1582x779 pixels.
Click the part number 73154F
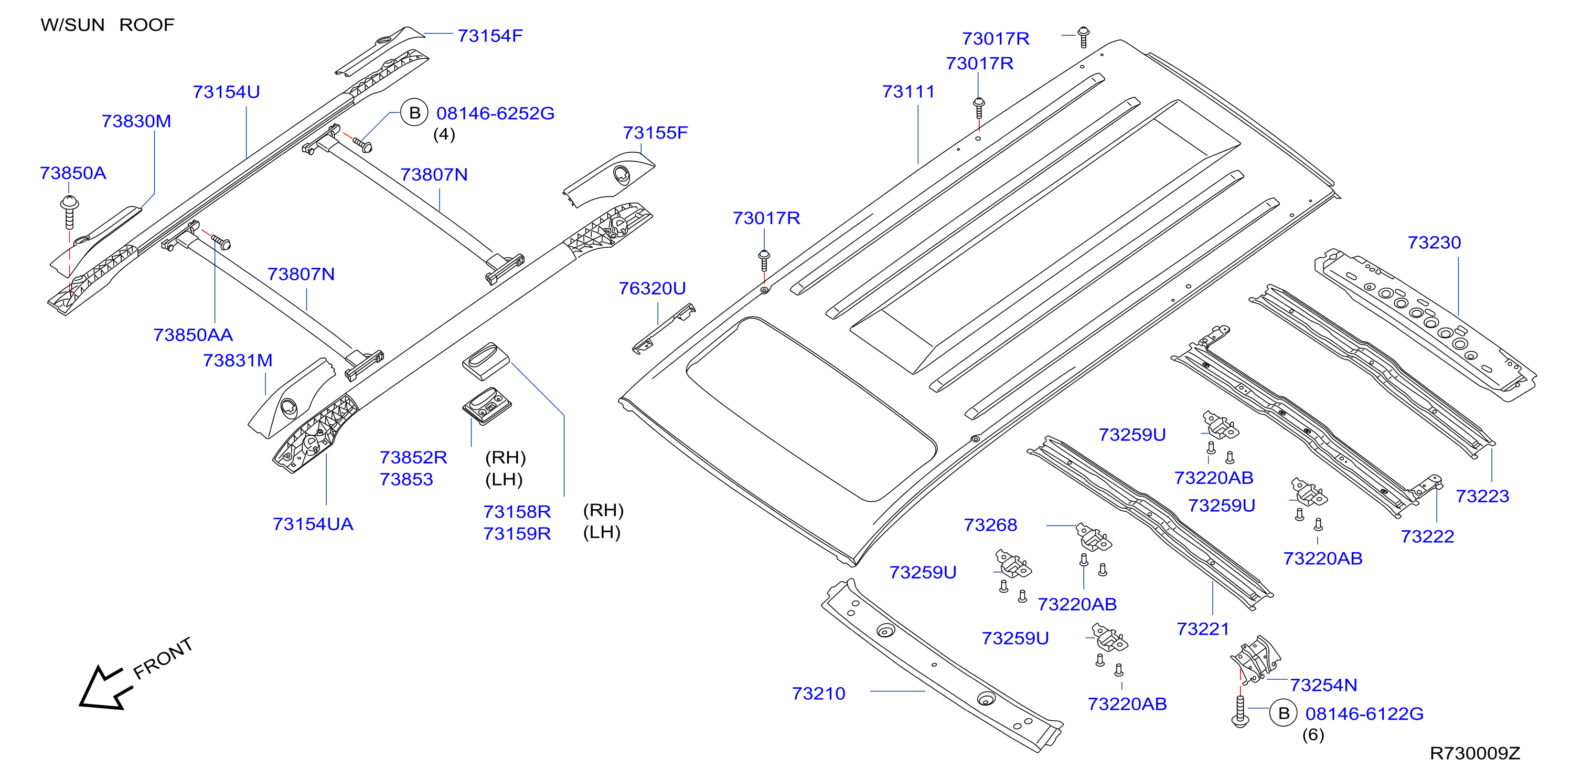pyautogui.click(x=490, y=36)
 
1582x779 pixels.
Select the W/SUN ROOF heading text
pyautogui.click(x=108, y=25)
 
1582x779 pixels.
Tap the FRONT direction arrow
pyautogui.click(x=105, y=688)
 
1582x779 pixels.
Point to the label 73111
pyautogui.click(x=908, y=91)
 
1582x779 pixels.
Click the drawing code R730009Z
pyautogui.click(x=1474, y=753)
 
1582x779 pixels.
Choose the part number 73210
pyautogui.click(x=819, y=693)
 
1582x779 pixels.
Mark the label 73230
pyautogui.click(x=1434, y=243)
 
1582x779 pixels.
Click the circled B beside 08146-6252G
pyautogui.click(x=414, y=112)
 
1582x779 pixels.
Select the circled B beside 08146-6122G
pyautogui.click(x=1284, y=713)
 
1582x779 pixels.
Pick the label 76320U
pyautogui.click(x=652, y=288)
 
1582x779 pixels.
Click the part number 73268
pyautogui.click(x=991, y=525)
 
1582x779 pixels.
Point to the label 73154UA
pyautogui.click(x=313, y=524)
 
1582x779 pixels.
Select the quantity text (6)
pyautogui.click(x=1313, y=735)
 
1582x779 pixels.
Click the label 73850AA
pyautogui.click(x=193, y=335)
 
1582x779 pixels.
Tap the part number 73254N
pyautogui.click(x=1323, y=685)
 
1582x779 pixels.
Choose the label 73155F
pyautogui.click(x=655, y=133)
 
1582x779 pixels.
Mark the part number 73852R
pyautogui.click(x=413, y=458)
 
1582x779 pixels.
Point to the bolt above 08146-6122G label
pyautogui.click(x=1240, y=711)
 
